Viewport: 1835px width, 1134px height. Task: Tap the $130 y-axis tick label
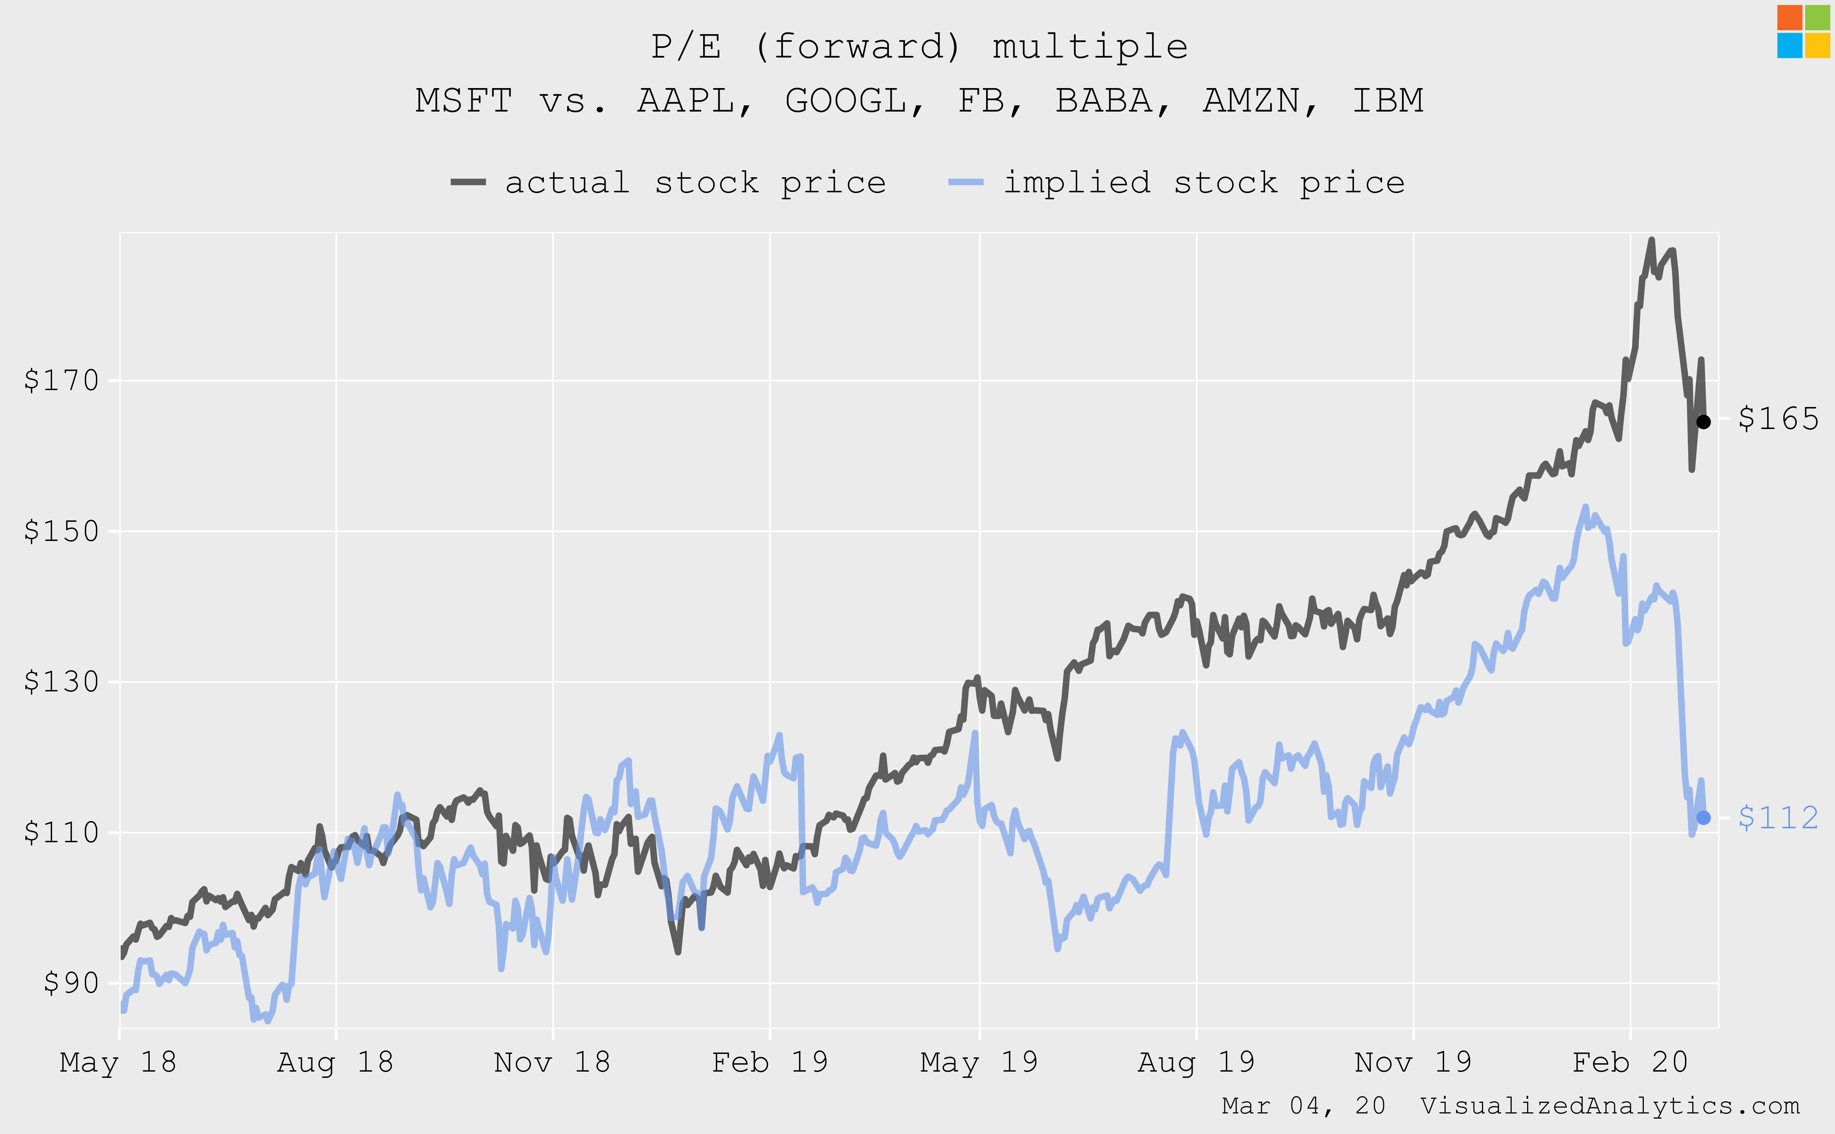pos(62,682)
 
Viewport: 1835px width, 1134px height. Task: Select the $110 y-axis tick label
pos(62,832)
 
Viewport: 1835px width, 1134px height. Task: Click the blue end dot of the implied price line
pos(1704,818)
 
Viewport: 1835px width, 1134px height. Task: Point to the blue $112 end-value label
pos(1778,818)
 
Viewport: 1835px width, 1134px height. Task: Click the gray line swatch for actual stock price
pos(468,182)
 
